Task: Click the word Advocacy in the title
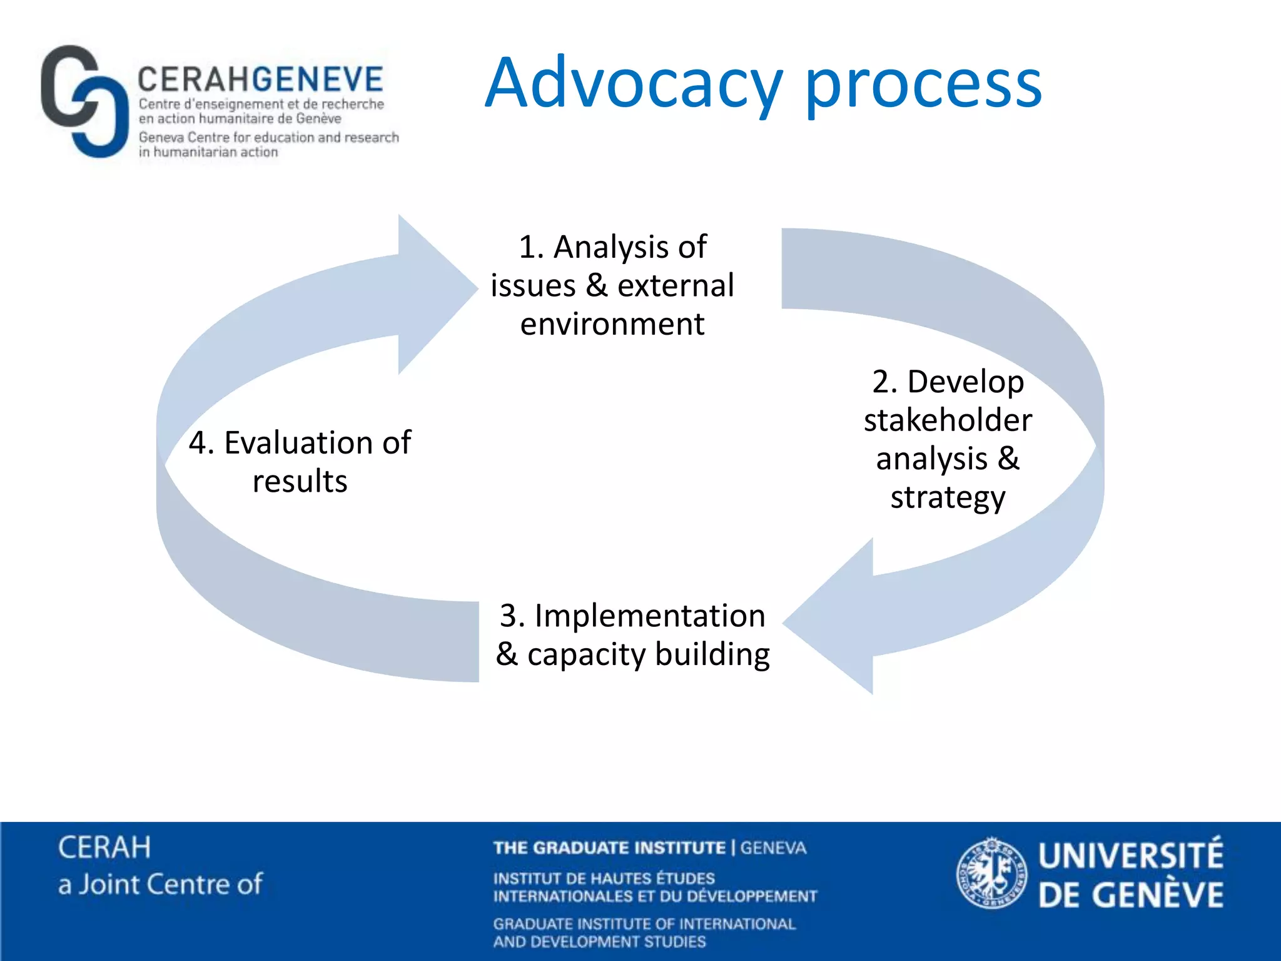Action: pos(634,83)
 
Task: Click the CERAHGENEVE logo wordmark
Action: pos(260,79)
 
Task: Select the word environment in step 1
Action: pos(612,324)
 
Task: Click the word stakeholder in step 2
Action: pos(948,420)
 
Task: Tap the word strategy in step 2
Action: pos(948,497)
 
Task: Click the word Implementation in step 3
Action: pos(650,616)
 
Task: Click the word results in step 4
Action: pos(300,482)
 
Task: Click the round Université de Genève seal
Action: pos(991,873)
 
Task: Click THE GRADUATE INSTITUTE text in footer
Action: pos(609,848)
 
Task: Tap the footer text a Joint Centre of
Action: pos(160,885)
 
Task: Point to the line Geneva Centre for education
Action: pos(269,137)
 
